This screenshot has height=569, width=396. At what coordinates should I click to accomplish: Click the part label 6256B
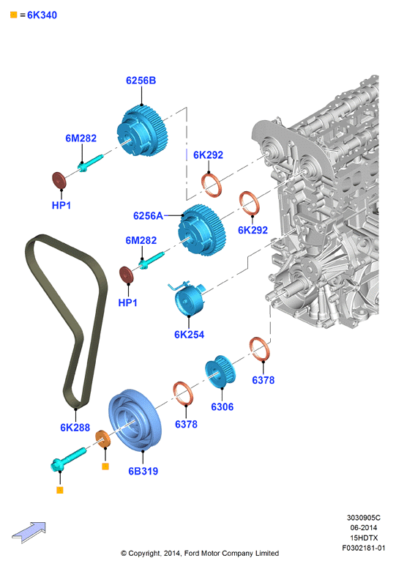click(141, 81)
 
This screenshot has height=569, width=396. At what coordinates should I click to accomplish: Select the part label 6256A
click(148, 216)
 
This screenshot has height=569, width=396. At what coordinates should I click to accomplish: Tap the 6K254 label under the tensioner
click(190, 335)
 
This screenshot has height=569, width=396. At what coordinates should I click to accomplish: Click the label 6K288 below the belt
click(75, 428)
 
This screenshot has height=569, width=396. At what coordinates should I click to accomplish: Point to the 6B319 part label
click(143, 471)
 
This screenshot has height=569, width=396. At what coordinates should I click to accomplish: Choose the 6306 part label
click(223, 406)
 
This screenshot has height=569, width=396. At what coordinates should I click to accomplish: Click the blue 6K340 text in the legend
click(42, 15)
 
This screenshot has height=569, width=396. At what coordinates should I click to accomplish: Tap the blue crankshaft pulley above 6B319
click(135, 421)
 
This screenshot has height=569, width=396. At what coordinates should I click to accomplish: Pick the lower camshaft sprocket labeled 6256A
click(202, 230)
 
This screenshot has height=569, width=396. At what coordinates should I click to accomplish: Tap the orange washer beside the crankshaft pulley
click(103, 439)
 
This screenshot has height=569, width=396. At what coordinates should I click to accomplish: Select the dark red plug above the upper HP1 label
click(59, 180)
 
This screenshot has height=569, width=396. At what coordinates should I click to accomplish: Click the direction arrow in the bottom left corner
click(29, 532)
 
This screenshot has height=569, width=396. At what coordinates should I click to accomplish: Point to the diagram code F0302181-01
click(364, 548)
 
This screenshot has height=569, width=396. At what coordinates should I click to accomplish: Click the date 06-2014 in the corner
click(364, 528)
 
